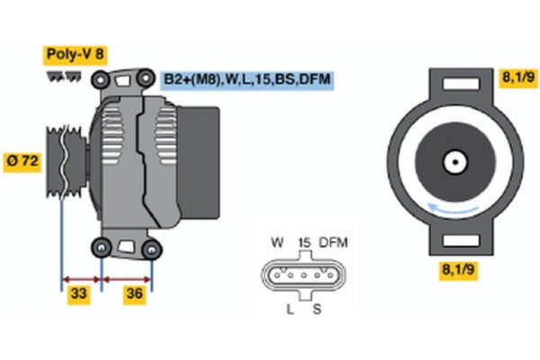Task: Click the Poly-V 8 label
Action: pyautogui.click(x=76, y=55)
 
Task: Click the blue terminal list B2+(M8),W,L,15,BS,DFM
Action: pyautogui.click(x=247, y=80)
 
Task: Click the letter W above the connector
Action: pyautogui.click(x=277, y=243)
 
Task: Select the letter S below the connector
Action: pyautogui.click(x=317, y=309)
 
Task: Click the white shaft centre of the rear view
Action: pyautogui.click(x=454, y=163)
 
